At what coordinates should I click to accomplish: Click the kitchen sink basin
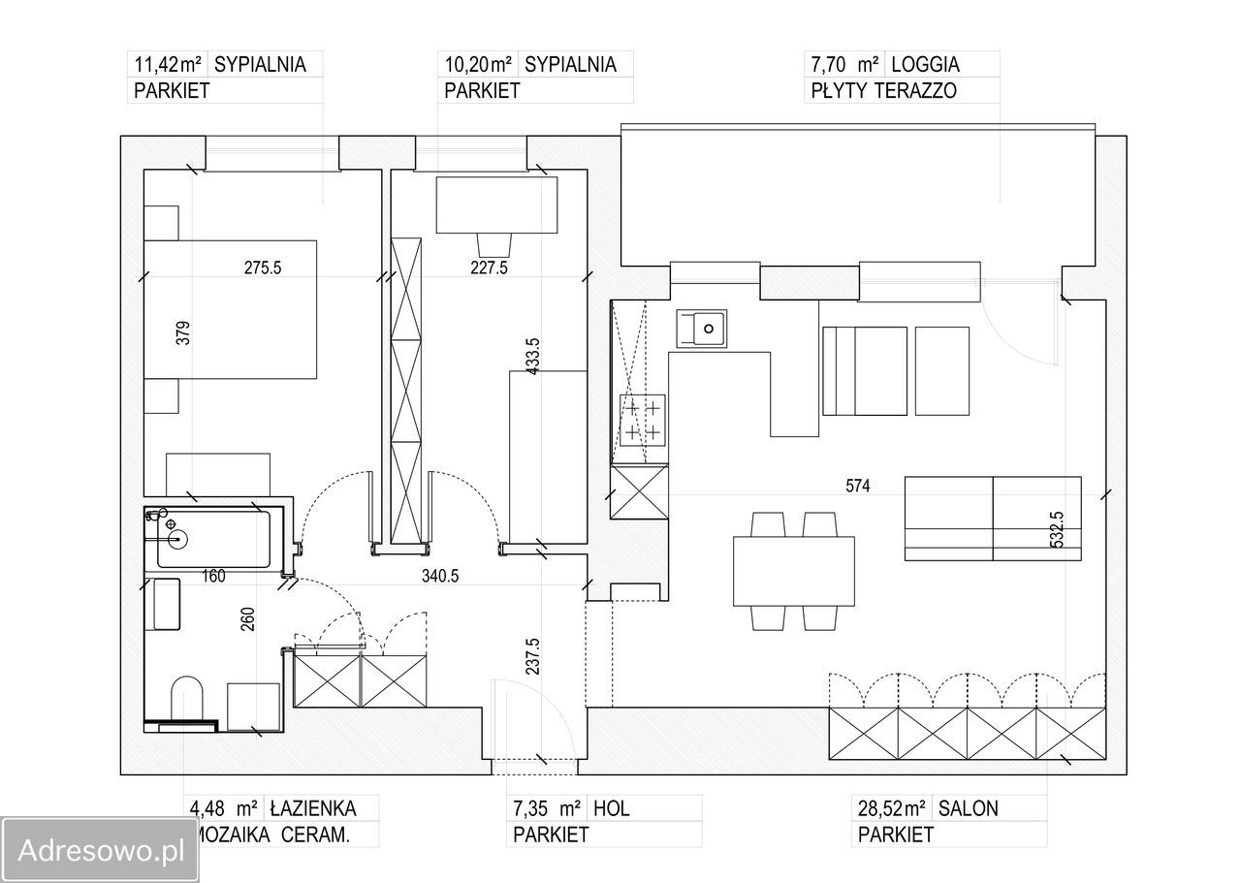point(701,329)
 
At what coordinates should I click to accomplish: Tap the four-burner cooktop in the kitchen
point(643,421)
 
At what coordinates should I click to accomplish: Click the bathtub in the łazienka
point(214,539)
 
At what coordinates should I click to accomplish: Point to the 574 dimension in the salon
point(858,486)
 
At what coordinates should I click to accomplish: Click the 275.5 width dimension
point(263,268)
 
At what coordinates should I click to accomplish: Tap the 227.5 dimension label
point(489,268)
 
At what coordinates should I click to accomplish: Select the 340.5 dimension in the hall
point(440,576)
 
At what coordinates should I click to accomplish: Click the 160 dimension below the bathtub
point(213,576)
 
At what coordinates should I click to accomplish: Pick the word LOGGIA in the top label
point(925,65)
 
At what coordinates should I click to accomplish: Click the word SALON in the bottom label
point(968,808)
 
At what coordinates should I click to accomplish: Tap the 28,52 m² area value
point(891,808)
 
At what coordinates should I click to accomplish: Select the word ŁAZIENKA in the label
point(313,808)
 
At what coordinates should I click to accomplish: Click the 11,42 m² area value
point(168,65)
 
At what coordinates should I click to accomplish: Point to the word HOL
point(611,808)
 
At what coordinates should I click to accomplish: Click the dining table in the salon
point(793,571)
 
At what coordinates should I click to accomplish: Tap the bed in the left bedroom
point(231,309)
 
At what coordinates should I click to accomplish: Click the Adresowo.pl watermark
point(100,850)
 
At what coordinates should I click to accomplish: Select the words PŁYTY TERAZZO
point(883,90)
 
